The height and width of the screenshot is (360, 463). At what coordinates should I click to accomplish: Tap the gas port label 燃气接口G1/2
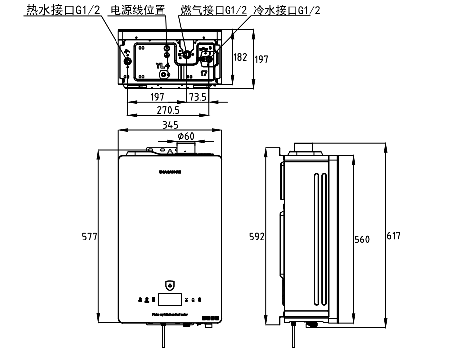click(214, 10)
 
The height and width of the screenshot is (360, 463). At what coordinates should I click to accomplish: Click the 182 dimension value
click(240, 57)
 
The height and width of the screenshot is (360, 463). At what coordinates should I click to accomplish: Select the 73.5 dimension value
click(198, 96)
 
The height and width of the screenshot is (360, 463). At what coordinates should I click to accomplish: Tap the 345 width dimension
click(170, 125)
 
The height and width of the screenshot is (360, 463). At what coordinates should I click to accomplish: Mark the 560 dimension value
click(362, 240)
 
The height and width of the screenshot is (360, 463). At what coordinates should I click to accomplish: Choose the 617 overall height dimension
click(394, 236)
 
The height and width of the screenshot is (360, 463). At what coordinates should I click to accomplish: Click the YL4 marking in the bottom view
click(163, 65)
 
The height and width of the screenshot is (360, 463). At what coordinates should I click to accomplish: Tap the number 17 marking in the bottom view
click(204, 73)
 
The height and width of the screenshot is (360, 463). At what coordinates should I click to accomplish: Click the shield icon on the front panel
click(170, 286)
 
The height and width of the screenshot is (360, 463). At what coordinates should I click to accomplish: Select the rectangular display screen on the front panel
click(170, 299)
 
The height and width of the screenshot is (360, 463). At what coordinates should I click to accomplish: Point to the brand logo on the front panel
click(170, 172)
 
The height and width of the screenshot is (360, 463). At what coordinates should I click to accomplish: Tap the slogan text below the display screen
click(169, 314)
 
